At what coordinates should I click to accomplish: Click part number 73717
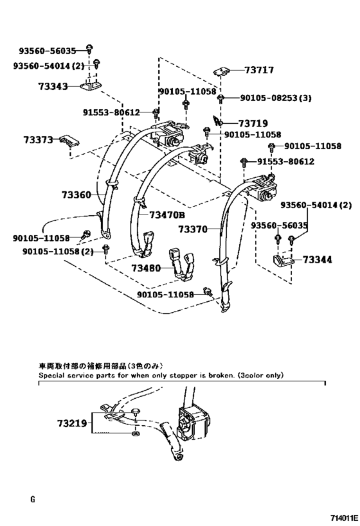point(259,70)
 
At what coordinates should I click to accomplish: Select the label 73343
point(53,87)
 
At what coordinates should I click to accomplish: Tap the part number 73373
point(39,139)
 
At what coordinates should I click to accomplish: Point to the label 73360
point(76,195)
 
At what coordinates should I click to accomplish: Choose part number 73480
point(146,268)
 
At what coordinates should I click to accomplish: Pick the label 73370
point(193,229)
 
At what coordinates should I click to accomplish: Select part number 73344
point(318,259)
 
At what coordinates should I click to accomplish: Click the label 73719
point(253,124)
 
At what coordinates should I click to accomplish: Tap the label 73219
point(72,424)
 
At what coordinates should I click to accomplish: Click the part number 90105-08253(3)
point(276,98)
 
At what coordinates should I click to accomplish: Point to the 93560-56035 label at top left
point(48,51)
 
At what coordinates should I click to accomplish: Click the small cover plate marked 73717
point(222,71)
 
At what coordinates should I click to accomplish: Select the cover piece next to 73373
point(70,141)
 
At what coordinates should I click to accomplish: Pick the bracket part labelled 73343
point(91,87)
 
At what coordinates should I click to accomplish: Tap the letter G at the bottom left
point(33,500)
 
